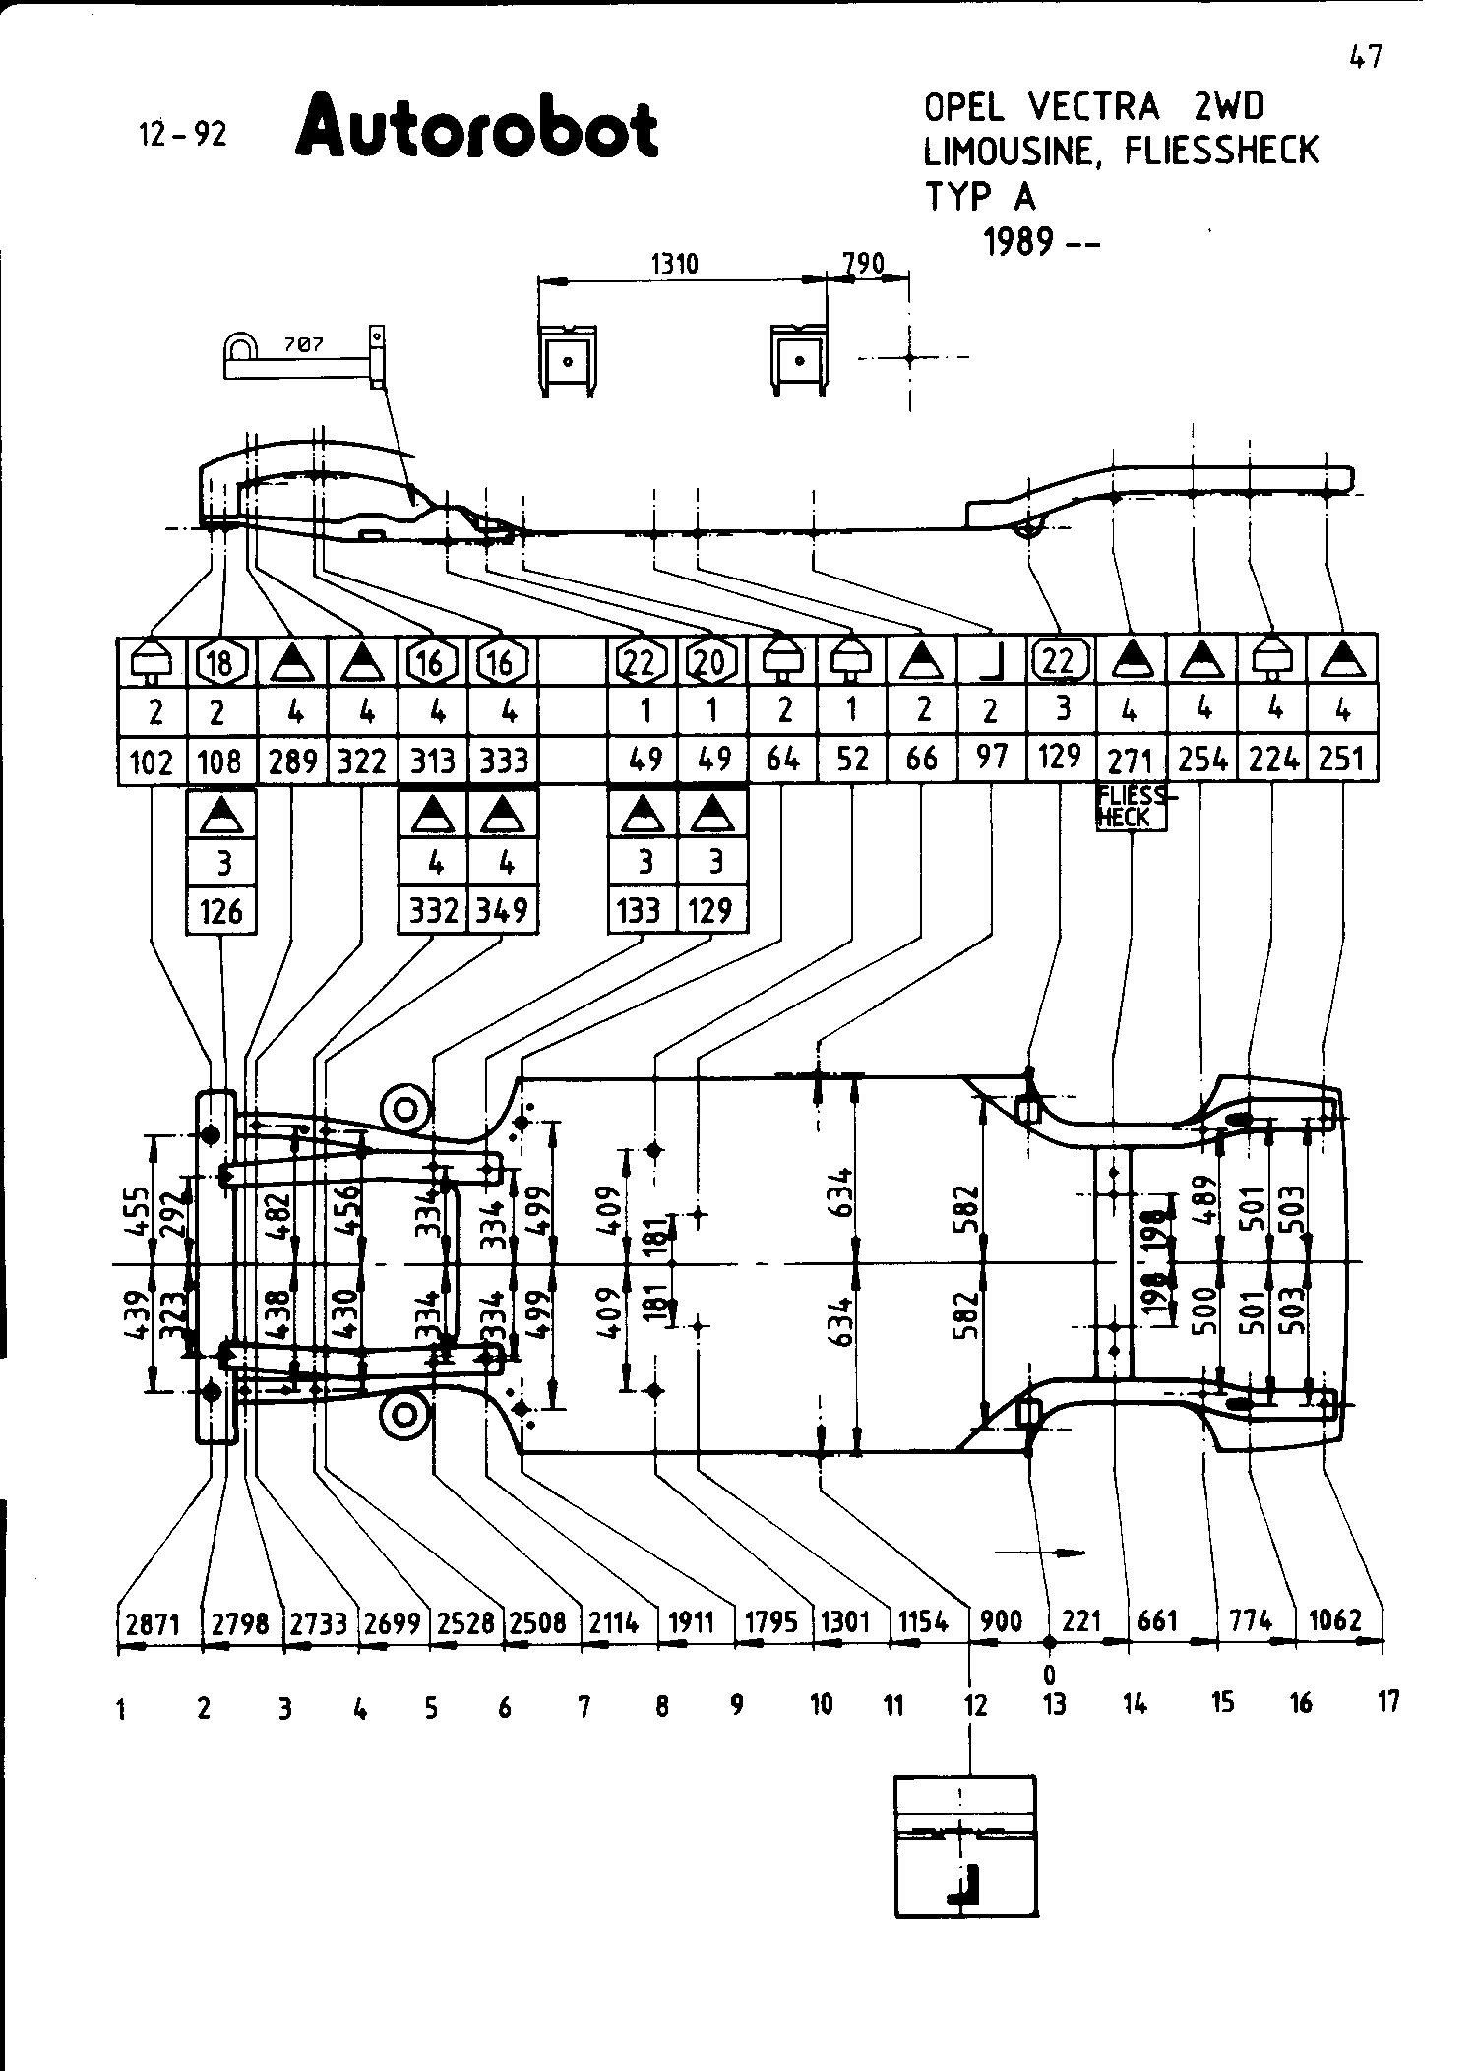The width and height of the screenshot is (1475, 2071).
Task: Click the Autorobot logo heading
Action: point(476,127)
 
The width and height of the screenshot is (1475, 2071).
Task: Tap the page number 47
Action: point(1365,58)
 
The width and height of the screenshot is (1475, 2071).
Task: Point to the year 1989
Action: point(1018,241)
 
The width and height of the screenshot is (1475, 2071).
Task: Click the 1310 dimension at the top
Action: point(674,264)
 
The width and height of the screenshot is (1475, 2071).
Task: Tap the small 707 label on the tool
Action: point(303,344)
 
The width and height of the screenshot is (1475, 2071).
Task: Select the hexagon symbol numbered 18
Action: point(220,663)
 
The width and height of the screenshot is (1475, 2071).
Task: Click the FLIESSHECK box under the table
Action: point(1132,808)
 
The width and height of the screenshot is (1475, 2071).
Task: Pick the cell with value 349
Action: point(503,911)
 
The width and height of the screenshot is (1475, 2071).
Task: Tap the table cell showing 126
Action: point(220,911)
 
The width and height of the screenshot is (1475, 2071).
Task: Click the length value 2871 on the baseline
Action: point(154,1622)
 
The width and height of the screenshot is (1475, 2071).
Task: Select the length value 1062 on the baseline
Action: point(1335,1619)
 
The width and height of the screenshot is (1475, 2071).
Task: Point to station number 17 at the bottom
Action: point(1387,1701)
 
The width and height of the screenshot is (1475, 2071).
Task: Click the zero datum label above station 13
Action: point(1050,1674)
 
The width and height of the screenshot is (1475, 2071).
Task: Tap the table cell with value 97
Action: point(992,758)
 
